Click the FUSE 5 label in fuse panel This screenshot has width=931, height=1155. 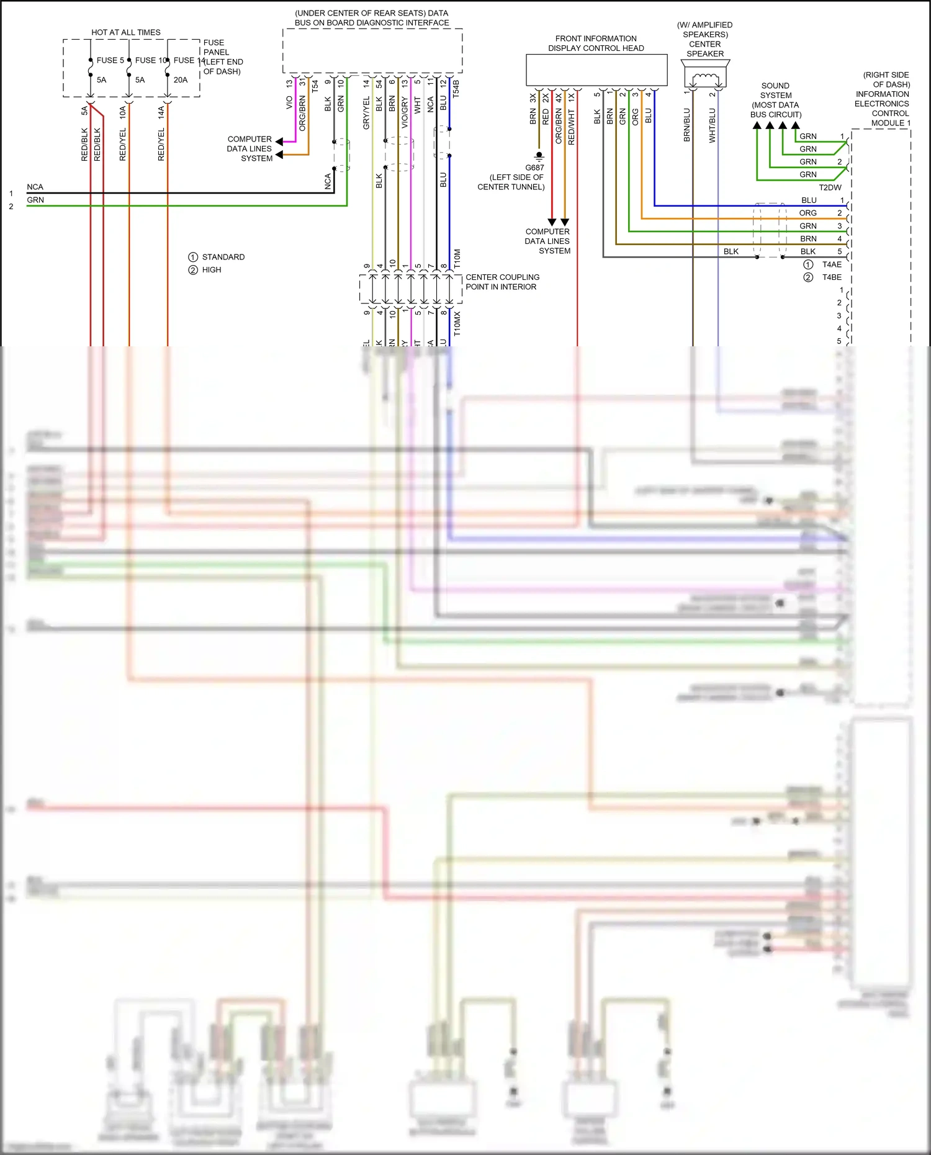pyautogui.click(x=110, y=60)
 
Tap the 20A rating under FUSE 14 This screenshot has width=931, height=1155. pyautogui.click(x=181, y=79)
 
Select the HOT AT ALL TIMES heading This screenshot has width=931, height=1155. pyautogui.click(x=126, y=32)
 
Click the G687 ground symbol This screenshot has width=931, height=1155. pyautogui.click(x=539, y=156)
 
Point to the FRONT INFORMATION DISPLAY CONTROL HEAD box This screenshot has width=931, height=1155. pyautogui.click(x=596, y=70)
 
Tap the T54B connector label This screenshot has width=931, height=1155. pyautogui.click(x=456, y=88)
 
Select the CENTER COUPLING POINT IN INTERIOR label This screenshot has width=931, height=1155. pyautogui.click(x=502, y=282)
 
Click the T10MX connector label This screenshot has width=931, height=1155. pyautogui.click(x=457, y=323)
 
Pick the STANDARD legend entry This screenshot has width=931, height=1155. pyautogui.click(x=223, y=257)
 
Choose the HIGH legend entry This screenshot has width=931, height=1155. pyautogui.click(x=211, y=270)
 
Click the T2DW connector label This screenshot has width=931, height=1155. pyautogui.click(x=830, y=187)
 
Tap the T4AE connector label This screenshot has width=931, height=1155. pyautogui.click(x=832, y=264)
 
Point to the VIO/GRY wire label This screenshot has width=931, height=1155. pyautogui.click(x=405, y=112)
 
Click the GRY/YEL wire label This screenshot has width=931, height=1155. pyautogui.click(x=366, y=113)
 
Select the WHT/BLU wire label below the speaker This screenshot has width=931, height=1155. pyautogui.click(x=712, y=125)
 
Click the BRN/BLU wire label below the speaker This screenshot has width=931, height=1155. pyautogui.click(x=686, y=125)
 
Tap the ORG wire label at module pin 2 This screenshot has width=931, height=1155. pyautogui.click(x=807, y=213)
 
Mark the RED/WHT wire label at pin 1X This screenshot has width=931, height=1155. pyautogui.click(x=571, y=127)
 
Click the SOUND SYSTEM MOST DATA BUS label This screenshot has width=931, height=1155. pyautogui.click(x=775, y=100)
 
